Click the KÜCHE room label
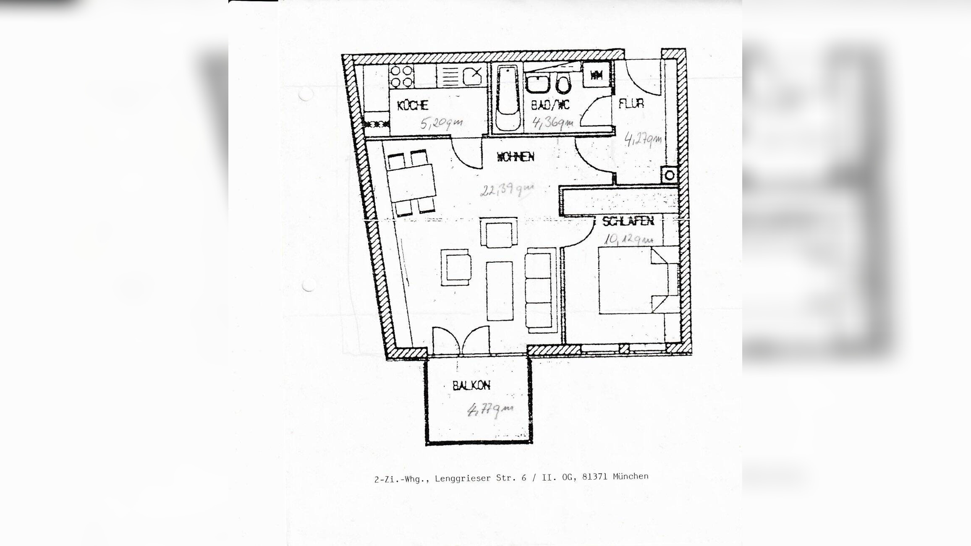click(412, 105)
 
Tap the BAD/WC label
click(550, 104)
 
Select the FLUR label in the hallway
click(631, 103)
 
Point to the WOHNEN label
click(516, 157)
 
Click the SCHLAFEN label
click(628, 221)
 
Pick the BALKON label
click(471, 385)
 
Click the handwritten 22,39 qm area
click(507, 190)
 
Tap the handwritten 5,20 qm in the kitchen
click(442, 123)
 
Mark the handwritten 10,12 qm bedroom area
click(628, 240)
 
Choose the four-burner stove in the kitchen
click(401, 77)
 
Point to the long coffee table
click(499, 290)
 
